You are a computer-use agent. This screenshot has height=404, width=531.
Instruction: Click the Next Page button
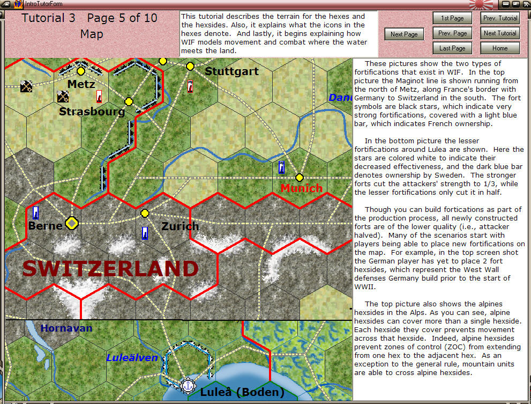pyautogui.click(x=404, y=34)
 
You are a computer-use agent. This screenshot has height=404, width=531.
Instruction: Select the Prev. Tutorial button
pyautogui.click(x=500, y=18)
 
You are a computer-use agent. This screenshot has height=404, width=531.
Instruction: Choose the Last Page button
pyautogui.click(x=452, y=48)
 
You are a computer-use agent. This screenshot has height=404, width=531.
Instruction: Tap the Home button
pyautogui.click(x=500, y=48)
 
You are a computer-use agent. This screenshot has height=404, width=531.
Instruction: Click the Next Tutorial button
pyautogui.click(x=500, y=33)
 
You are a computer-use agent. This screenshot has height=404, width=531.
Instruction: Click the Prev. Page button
pyautogui.click(x=452, y=33)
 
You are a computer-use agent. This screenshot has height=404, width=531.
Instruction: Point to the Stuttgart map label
pyautogui.click(x=231, y=71)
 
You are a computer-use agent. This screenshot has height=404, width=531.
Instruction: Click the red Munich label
pyautogui.click(x=302, y=188)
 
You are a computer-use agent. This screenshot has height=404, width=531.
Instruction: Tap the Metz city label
pyautogui.click(x=81, y=84)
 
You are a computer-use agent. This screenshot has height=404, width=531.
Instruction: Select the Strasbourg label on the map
pyautogui.click(x=92, y=112)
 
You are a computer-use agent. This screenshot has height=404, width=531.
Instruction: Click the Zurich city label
pyautogui.click(x=180, y=226)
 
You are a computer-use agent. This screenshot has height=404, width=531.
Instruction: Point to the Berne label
pyautogui.click(x=46, y=226)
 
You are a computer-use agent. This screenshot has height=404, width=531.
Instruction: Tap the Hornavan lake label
pyautogui.click(x=66, y=328)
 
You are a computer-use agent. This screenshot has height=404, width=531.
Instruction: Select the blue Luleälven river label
pyautogui.click(x=132, y=358)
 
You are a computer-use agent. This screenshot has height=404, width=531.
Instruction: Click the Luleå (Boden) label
pyautogui.click(x=242, y=392)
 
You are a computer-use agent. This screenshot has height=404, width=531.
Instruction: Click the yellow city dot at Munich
pyautogui.click(x=300, y=178)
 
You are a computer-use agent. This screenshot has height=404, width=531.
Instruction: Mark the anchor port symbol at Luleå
pyautogui.click(x=188, y=385)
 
